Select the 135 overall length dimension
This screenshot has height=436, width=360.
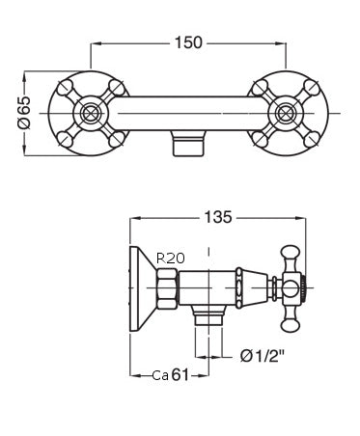219,218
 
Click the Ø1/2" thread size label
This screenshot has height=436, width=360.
263,355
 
